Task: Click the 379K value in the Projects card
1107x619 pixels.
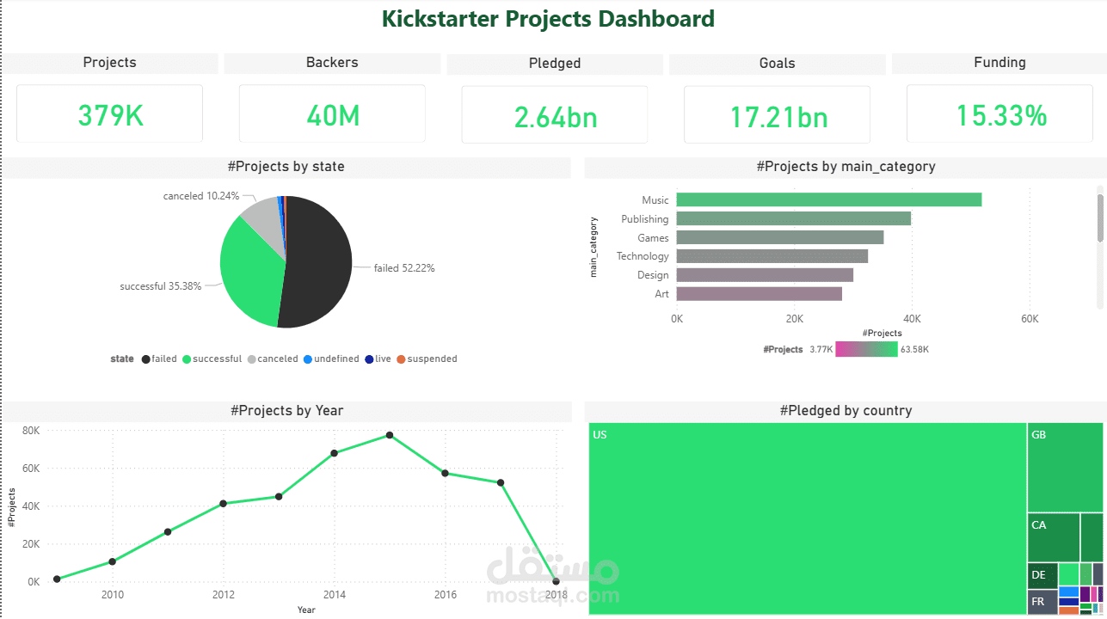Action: [x=110, y=115]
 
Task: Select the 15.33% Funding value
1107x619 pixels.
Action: [x=1001, y=115]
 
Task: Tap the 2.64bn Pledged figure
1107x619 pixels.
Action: [x=555, y=117]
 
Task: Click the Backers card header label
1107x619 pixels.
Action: [x=332, y=63]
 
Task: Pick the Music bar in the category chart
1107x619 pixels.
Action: [x=828, y=199]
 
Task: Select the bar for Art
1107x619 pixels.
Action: [x=759, y=294]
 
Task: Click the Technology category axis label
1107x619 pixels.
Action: [x=642, y=256]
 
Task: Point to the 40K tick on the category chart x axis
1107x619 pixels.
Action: [x=912, y=318]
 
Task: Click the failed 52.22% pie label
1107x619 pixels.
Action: [x=404, y=268]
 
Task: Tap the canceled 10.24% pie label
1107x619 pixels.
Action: [x=201, y=196]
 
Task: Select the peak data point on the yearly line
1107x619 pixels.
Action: [x=390, y=435]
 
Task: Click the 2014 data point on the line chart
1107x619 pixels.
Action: [x=335, y=453]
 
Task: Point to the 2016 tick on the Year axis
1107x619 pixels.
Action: [x=445, y=595]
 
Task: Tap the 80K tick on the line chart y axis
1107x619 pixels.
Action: [x=31, y=431]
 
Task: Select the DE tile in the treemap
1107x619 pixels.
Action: [x=1042, y=575]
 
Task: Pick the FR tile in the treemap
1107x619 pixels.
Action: [x=1042, y=602]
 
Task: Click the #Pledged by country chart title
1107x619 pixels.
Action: [x=846, y=411]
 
